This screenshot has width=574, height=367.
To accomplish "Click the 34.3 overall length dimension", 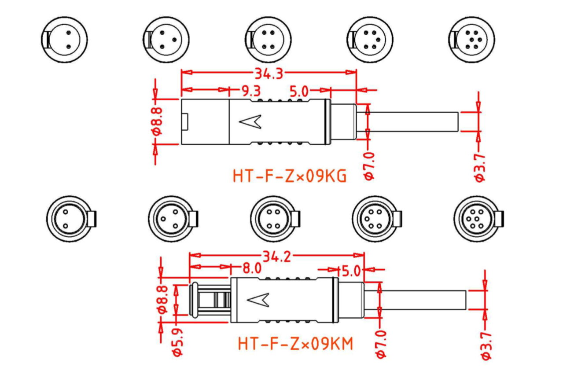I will coord(269,73).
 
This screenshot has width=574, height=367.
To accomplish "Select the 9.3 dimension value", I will coord(251,91).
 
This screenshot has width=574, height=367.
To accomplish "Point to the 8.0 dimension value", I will coord(252,268).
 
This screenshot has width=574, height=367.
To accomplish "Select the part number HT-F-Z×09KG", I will coord(290,176).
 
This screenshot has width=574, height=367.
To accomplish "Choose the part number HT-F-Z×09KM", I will coord(295,344).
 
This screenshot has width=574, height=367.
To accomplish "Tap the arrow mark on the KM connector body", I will coord(258,300).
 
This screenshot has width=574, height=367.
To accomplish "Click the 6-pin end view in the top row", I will coord(471,40).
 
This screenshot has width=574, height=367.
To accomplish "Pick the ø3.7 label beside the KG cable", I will coord(479,168).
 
